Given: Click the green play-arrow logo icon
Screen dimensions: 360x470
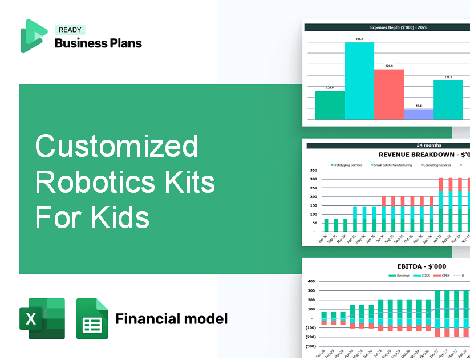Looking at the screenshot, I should pos(33,36).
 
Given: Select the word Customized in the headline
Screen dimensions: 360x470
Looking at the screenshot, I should pos(116,147).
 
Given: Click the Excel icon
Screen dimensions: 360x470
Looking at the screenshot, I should pos(42,318).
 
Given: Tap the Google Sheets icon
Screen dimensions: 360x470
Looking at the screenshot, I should pos(92,318).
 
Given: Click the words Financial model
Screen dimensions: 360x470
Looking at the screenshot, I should pos(171,318).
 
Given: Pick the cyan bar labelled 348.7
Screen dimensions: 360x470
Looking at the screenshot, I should pos(359,80).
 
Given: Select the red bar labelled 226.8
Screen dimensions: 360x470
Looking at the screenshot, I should pos(388,94).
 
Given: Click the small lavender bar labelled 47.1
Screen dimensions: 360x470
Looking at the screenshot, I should pos(418,114).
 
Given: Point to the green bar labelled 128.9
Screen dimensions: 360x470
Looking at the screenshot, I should pos(330,105).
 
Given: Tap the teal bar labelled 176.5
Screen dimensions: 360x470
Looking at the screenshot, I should pos(448,100).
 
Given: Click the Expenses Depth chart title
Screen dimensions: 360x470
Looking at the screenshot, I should pos(387,27).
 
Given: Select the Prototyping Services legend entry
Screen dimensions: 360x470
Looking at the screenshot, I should pos(347,165).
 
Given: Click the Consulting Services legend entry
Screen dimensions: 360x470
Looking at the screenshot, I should pos(436,165).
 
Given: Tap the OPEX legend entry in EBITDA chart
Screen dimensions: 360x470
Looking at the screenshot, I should pos(444,275).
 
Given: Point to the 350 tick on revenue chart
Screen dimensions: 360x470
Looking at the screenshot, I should pos(313,171).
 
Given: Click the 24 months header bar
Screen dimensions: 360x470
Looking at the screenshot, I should pos(388,145).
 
